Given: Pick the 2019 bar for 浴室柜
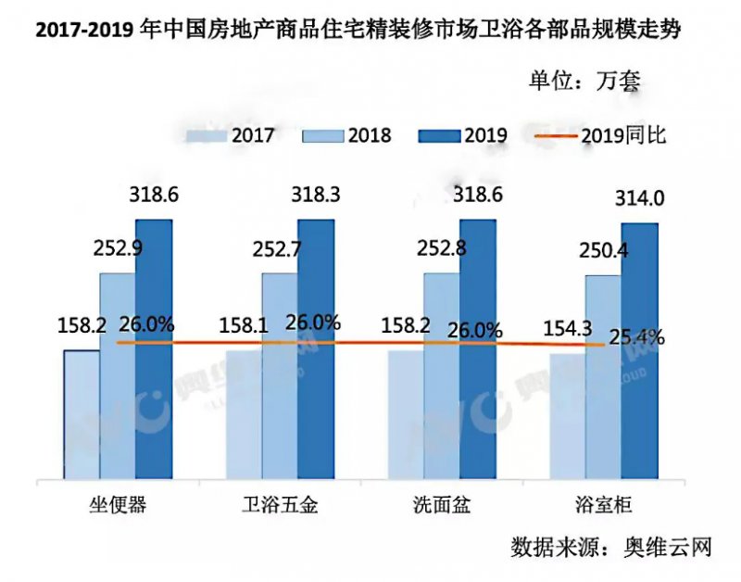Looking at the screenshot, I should [x=639, y=352].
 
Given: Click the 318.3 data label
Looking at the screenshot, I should [x=314, y=196].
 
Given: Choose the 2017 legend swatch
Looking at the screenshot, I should [x=207, y=135].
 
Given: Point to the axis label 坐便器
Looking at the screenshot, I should [x=117, y=505].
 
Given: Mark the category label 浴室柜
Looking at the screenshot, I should [x=603, y=505].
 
